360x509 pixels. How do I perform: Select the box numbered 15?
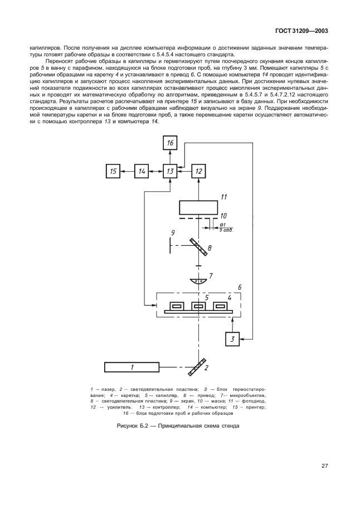pyautogui.click(x=113, y=172)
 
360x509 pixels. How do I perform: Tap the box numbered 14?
pyautogui.click(x=142, y=172)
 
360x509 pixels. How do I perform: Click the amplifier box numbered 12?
pyautogui.click(x=199, y=172)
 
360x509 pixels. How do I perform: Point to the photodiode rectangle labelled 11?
pyautogui.click(x=199, y=207)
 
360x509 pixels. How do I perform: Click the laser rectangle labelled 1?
pyautogui.click(x=132, y=367)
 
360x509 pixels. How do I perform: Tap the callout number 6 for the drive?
pyautogui.click(x=240, y=288)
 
